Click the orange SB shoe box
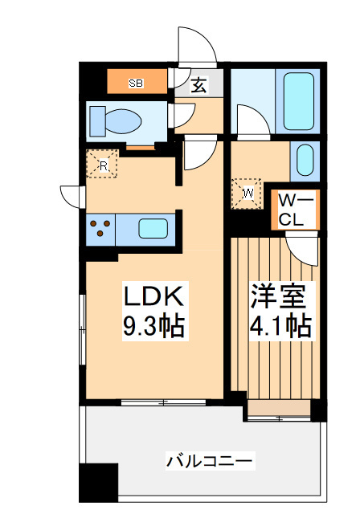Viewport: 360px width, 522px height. [x=137, y=81]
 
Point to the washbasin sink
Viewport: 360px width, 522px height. [x=305, y=161]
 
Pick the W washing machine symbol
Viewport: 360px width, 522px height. [x=247, y=193]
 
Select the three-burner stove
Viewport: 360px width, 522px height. [x=101, y=227]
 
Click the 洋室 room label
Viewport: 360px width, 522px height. [x=277, y=296]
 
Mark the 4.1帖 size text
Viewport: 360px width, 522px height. [x=277, y=326]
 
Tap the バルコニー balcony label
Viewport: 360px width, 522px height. [x=210, y=461]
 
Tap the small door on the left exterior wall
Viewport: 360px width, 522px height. [x=70, y=195]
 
